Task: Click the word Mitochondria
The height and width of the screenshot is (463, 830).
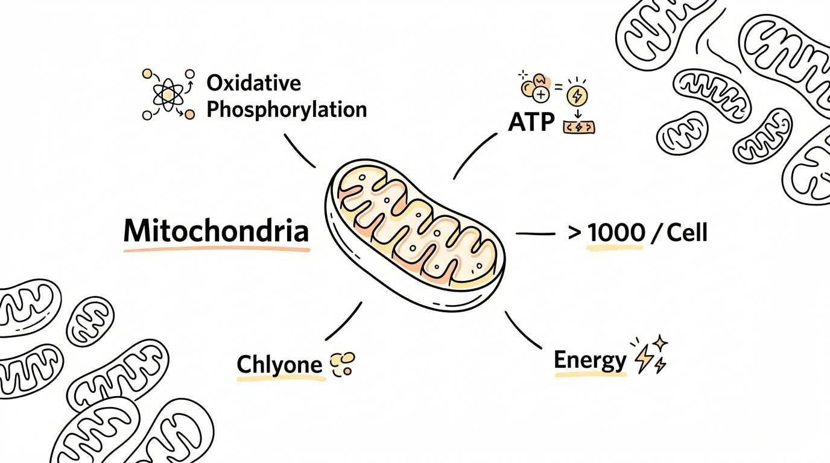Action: [x=216, y=231]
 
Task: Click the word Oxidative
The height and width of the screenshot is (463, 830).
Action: [x=254, y=83]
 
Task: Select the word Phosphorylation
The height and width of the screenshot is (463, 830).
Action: [x=287, y=110]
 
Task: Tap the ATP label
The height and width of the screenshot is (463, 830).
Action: [x=531, y=122]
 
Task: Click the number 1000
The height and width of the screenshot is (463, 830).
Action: [x=616, y=233]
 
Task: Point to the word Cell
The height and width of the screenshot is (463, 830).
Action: [x=687, y=233]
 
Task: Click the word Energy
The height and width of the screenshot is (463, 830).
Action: [x=590, y=360]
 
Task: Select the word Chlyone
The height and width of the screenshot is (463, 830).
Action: [x=280, y=365]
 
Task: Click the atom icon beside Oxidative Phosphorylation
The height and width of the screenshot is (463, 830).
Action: [x=168, y=95]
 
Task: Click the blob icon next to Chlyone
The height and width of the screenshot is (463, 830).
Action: [x=342, y=364]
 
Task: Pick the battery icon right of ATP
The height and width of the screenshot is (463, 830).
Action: [x=579, y=127]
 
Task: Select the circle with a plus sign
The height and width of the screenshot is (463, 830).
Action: [x=541, y=95]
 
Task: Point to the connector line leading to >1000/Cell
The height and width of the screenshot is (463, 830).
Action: [x=536, y=234]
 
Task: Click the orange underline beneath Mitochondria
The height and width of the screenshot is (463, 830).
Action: [x=217, y=250]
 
